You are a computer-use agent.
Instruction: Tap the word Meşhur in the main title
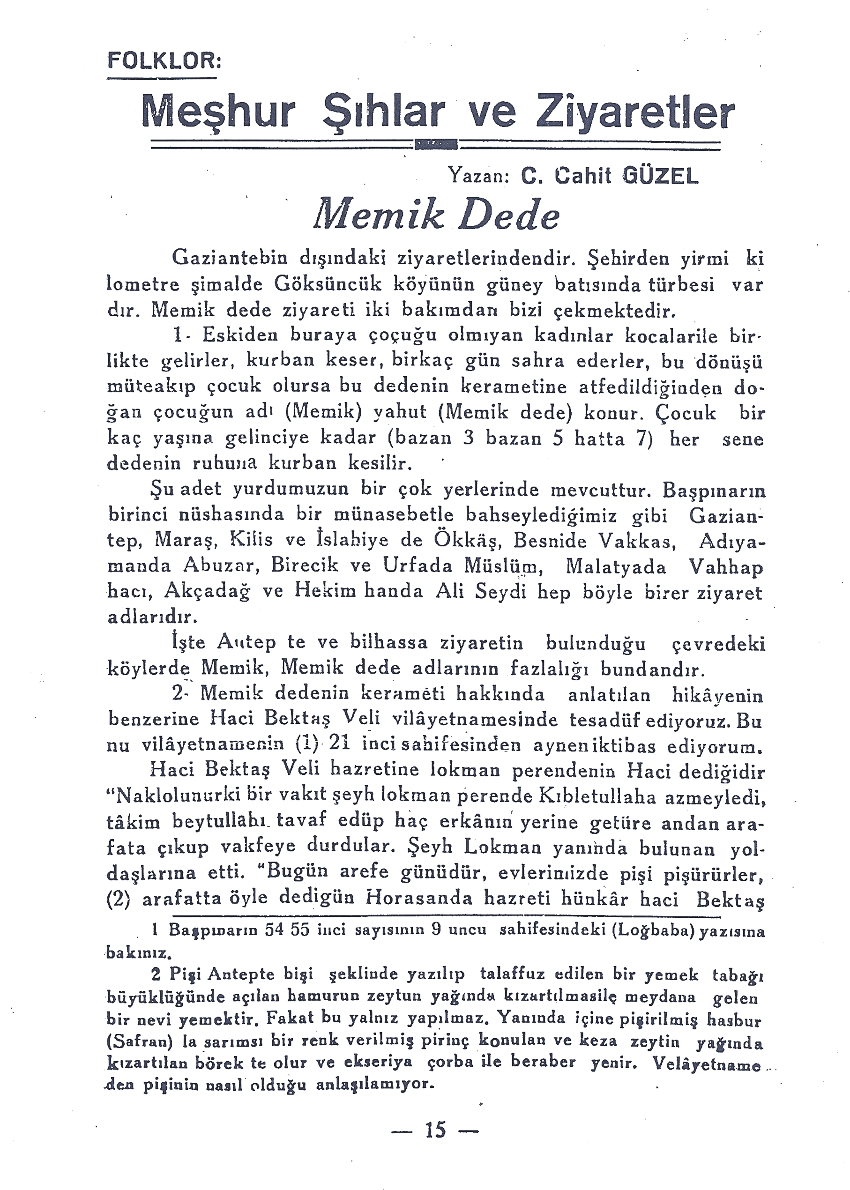(x=218, y=112)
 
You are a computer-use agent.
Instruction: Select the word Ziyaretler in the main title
(x=634, y=112)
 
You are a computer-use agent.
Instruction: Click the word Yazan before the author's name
(x=476, y=178)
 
